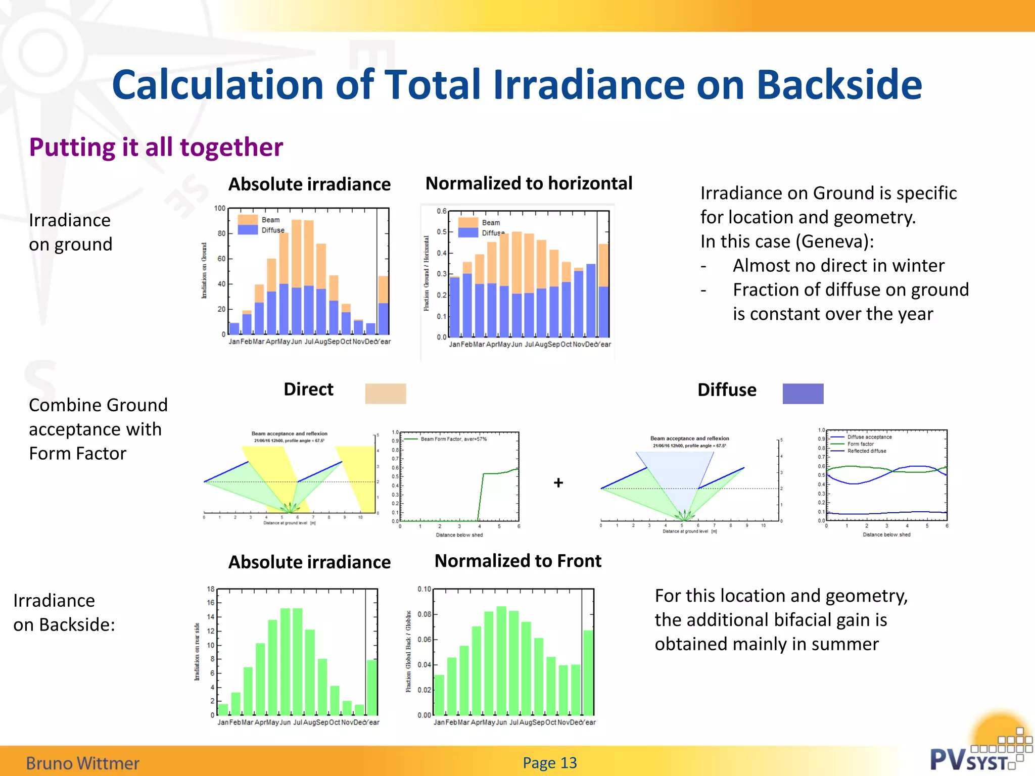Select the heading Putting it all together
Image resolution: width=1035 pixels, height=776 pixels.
coord(156,148)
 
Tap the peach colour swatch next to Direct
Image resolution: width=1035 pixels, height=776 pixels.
coord(386,394)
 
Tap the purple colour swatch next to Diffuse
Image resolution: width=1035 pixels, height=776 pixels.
coord(803,394)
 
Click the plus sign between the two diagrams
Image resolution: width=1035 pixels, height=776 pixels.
coord(558,483)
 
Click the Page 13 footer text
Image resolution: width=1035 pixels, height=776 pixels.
coord(550,763)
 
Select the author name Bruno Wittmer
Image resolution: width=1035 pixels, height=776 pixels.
coord(82,763)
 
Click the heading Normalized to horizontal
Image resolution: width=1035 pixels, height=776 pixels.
coord(529,183)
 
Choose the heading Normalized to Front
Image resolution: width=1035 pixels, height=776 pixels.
coord(518,561)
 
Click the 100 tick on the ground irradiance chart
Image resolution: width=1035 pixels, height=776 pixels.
coord(220,208)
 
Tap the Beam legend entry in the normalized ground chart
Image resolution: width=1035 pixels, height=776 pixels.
coord(490,223)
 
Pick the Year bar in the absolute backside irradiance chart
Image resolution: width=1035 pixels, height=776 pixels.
coord(372,687)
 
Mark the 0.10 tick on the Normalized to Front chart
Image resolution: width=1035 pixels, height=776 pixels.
coord(424,589)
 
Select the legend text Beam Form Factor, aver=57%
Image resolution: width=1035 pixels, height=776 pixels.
coord(453,439)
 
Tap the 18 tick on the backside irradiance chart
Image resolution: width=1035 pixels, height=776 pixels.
coord(211,589)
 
